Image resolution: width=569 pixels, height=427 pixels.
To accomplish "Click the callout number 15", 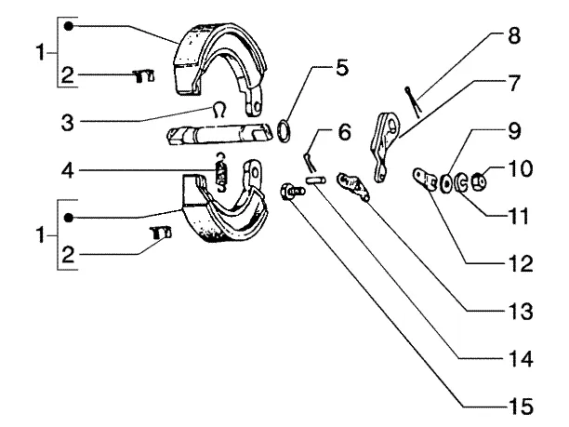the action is (x=521, y=406).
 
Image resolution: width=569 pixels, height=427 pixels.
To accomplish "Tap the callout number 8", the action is (x=514, y=36).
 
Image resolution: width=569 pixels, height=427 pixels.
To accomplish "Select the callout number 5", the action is (x=342, y=67).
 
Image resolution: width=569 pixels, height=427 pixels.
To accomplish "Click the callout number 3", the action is (x=68, y=123).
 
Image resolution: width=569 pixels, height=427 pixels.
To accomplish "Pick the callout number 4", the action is (x=68, y=170).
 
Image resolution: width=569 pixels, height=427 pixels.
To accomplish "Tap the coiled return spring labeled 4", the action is (x=221, y=172).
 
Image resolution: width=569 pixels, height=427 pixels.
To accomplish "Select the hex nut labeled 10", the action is (x=479, y=181).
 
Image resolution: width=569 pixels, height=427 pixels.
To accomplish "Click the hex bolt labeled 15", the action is (x=291, y=191).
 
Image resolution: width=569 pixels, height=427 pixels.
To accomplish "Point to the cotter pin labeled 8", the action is (x=413, y=101).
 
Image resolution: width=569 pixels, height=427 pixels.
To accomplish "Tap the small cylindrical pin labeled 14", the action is (x=315, y=180).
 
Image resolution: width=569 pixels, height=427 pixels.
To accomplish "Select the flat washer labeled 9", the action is (x=445, y=183).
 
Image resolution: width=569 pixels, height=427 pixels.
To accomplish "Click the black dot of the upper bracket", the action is (x=69, y=26).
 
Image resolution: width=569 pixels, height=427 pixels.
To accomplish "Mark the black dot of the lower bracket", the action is (x=69, y=218).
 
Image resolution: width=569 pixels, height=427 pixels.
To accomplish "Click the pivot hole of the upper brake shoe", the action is (x=258, y=108).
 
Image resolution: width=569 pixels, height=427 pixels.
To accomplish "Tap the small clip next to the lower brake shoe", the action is (x=160, y=233).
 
